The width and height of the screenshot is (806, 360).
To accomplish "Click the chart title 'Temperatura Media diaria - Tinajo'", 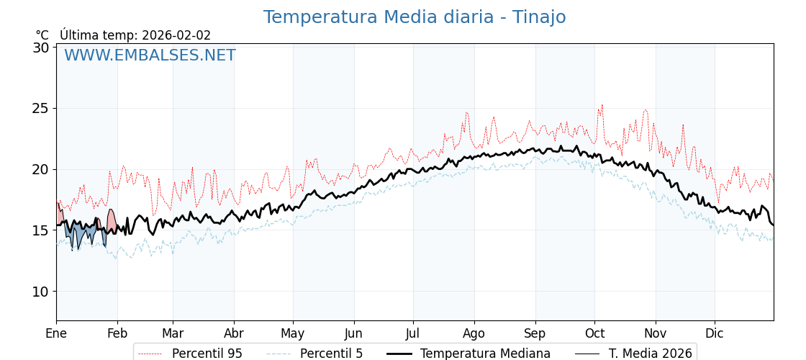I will (414, 17).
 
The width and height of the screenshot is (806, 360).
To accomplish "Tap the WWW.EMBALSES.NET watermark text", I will (150, 55).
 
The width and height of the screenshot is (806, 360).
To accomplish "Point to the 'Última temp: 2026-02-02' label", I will (135, 35).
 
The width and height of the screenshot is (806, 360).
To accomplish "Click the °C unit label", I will (42, 35).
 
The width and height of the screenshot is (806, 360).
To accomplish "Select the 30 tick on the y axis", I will (40, 48).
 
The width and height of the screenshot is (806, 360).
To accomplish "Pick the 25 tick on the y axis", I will (40, 109).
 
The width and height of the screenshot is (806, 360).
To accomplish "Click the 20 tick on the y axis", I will (40, 170).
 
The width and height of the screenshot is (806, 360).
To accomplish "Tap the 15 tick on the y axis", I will (40, 231).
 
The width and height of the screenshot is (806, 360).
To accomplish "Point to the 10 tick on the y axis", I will (40, 292).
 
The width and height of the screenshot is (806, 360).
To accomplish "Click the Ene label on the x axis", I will (56, 333).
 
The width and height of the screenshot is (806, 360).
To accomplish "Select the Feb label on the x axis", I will (117, 333).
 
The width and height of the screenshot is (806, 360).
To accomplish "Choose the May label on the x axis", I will (293, 333).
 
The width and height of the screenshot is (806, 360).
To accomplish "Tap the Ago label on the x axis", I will (474, 333).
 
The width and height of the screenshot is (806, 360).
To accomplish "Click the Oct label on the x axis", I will (594, 333).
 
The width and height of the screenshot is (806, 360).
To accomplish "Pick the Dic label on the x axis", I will (715, 333).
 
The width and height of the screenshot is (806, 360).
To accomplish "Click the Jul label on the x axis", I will (413, 333).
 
